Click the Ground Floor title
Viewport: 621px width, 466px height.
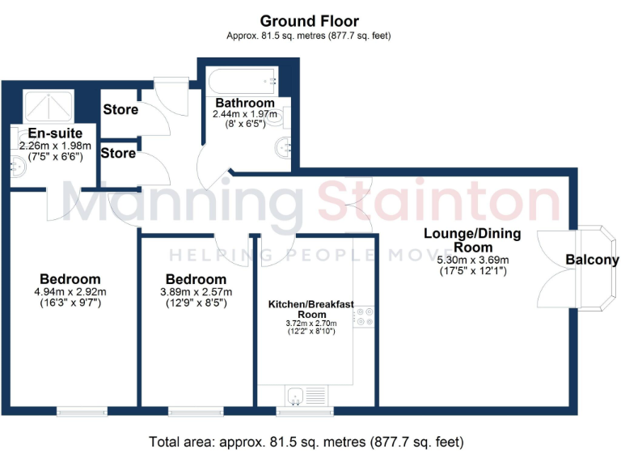(x=310, y=21)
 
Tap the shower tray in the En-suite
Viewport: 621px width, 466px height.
(x=47, y=106)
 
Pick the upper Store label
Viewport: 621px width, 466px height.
(x=119, y=109)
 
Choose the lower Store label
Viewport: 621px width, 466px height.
(x=118, y=152)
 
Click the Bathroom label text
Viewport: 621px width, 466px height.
(x=244, y=104)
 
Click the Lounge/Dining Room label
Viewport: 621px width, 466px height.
(x=473, y=240)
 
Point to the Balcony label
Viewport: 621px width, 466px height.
(x=592, y=261)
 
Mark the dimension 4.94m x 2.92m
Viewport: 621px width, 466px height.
(x=70, y=292)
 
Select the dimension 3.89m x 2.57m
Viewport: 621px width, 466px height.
(x=196, y=292)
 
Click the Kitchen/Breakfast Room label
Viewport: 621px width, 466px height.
(x=311, y=309)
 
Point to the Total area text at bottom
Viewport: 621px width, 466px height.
(x=306, y=443)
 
